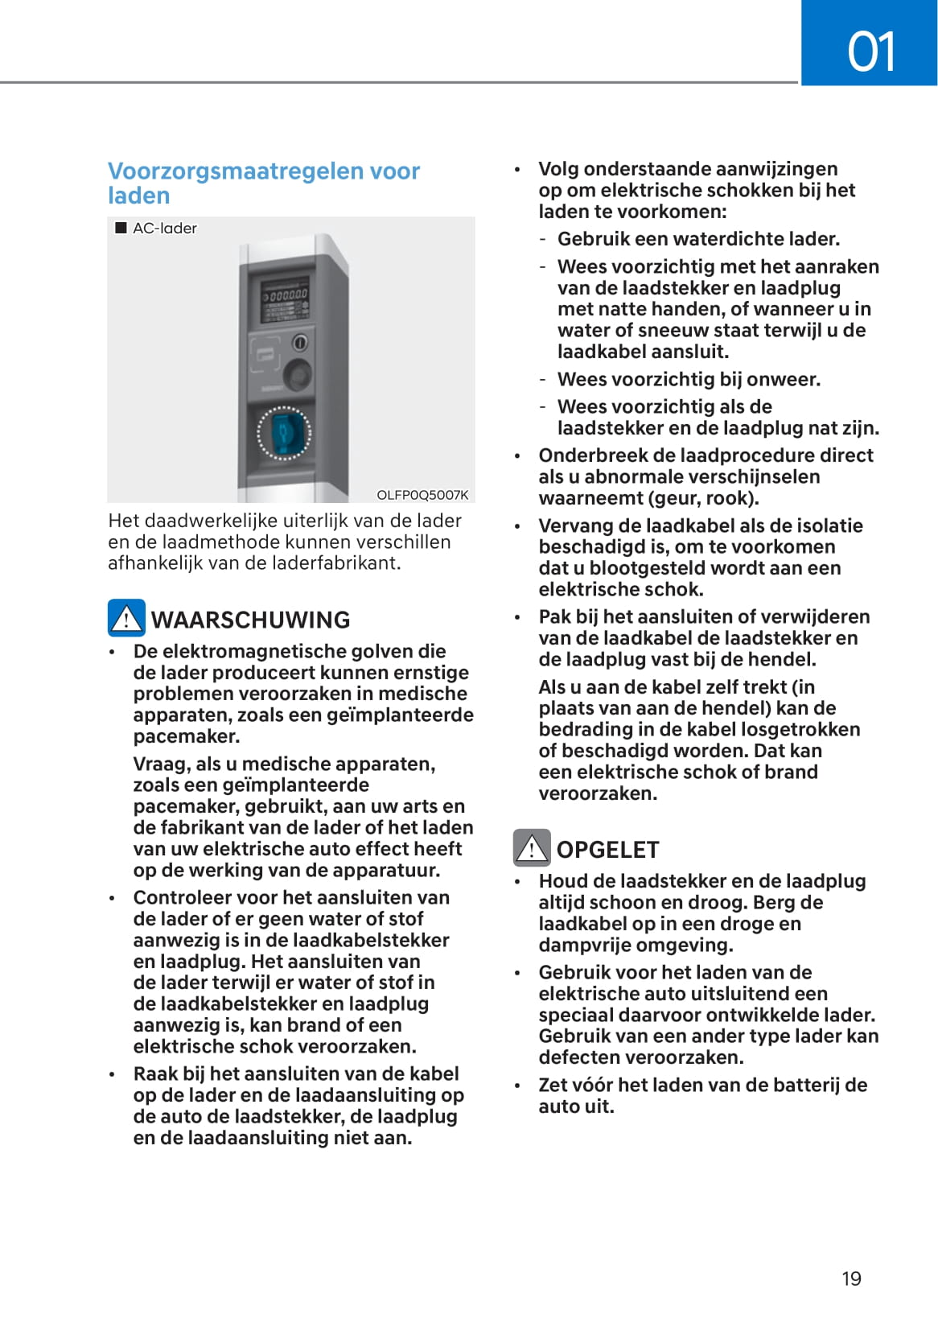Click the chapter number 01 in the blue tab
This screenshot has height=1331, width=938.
tap(870, 52)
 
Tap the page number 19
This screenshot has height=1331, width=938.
tap(851, 1279)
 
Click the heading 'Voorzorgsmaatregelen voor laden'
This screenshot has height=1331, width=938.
tap(264, 183)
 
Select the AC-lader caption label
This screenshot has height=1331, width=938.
tap(164, 229)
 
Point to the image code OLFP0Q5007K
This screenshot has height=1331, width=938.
tap(422, 495)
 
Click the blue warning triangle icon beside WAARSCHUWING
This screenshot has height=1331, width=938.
tap(126, 618)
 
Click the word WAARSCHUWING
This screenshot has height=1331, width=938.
tap(251, 620)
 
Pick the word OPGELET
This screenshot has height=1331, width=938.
tap(607, 850)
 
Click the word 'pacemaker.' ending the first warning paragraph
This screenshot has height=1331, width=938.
tap(187, 736)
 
